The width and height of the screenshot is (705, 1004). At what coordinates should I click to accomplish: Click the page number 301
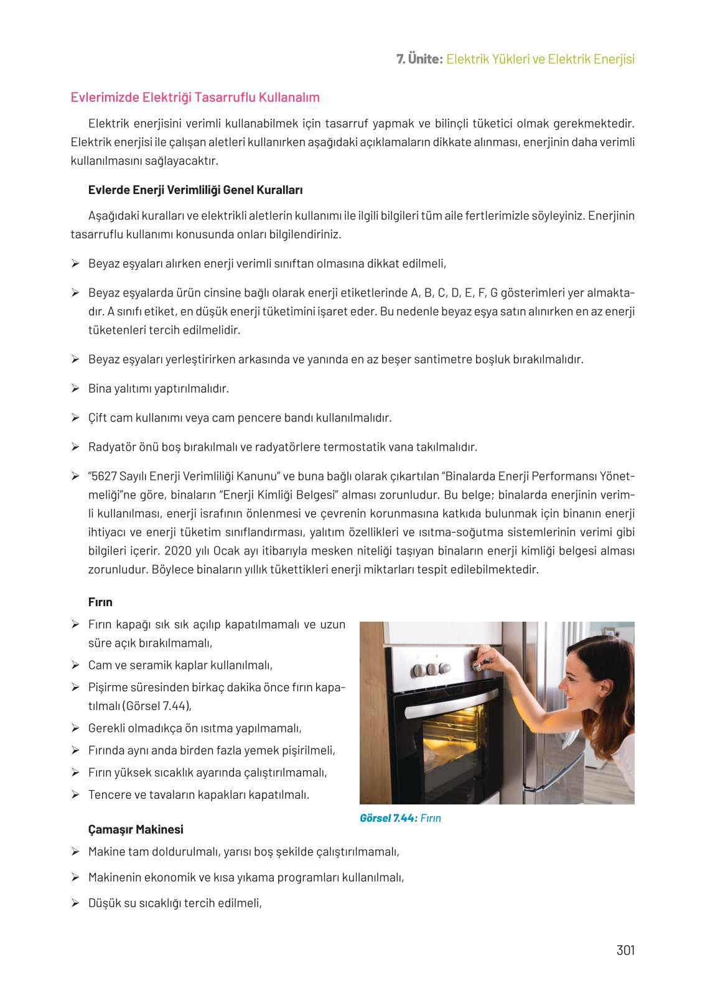coord(625,950)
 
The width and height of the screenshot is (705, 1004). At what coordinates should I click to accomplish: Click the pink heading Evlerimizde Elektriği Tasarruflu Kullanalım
coord(195,98)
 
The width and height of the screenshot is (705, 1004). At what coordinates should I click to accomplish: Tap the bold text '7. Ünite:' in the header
coord(419,60)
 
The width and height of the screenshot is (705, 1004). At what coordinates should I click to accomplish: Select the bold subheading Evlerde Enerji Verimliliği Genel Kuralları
coord(195,190)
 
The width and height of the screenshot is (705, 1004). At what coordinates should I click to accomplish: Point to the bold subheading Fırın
coord(100,602)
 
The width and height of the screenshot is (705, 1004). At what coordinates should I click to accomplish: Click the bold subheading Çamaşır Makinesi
coord(136,830)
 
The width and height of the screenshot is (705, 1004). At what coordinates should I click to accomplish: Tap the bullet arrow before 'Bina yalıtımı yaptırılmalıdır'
coord(75,389)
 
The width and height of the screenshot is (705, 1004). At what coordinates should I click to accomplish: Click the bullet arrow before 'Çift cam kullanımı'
coord(75,418)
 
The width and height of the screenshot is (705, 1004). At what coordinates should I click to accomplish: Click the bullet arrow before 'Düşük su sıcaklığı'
coord(75,903)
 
